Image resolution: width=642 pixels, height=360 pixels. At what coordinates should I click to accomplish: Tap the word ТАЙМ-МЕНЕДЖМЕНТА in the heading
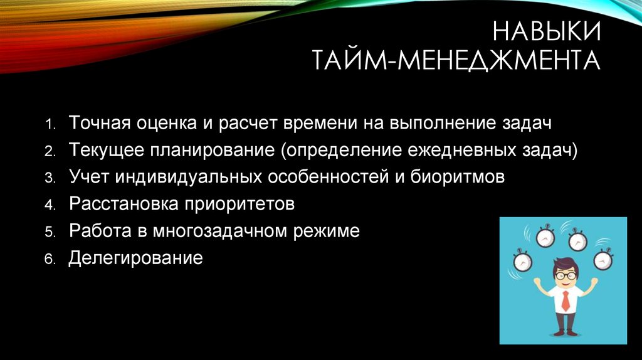[x=456, y=60]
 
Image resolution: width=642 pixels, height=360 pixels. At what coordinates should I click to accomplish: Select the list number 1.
[x=50, y=124]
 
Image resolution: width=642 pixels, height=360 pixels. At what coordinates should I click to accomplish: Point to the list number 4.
[x=50, y=205]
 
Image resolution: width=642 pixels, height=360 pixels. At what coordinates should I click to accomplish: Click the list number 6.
[x=50, y=259]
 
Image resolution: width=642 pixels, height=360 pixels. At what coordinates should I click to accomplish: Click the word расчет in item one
[x=246, y=124]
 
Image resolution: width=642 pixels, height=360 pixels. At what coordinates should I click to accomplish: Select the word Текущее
[x=107, y=150]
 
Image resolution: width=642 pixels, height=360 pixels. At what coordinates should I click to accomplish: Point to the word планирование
[x=213, y=151]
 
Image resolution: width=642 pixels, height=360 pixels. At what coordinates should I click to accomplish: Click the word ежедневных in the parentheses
[x=461, y=151]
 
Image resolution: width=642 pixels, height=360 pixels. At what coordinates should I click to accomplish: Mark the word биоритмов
[x=458, y=176]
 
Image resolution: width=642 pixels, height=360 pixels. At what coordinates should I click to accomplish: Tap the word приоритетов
[x=239, y=204]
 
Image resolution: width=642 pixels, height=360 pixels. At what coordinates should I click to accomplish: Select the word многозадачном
[x=220, y=231]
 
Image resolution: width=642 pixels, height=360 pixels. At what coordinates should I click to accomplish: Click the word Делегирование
[x=135, y=258]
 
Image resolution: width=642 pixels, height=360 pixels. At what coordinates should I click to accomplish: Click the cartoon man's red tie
[x=566, y=301]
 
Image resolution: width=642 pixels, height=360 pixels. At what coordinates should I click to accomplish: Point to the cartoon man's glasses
[x=565, y=275]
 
